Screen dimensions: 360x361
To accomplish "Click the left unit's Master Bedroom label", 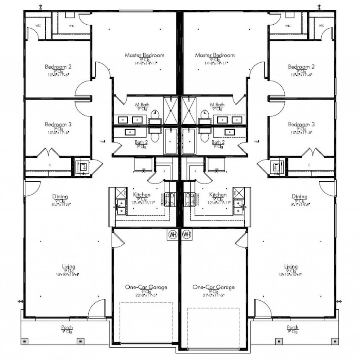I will [144, 55].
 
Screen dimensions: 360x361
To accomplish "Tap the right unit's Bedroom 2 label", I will [301, 67].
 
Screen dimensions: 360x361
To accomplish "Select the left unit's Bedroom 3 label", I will [58, 124].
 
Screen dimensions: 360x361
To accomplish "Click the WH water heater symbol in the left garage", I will [173, 234].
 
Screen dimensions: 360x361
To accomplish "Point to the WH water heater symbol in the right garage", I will [186, 234].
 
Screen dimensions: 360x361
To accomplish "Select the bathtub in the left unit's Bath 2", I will [171, 141].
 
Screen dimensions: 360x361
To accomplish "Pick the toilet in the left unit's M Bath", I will [155, 115].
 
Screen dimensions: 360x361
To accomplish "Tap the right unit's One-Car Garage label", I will [213, 287].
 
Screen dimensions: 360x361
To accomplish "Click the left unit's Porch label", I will [67, 328].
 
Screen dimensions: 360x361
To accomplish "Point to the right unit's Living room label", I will [291, 267].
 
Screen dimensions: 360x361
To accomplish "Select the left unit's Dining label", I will [60, 197].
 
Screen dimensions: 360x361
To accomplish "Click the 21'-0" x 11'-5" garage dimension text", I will [213, 295].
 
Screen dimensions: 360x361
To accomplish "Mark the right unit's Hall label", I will [256, 141].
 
